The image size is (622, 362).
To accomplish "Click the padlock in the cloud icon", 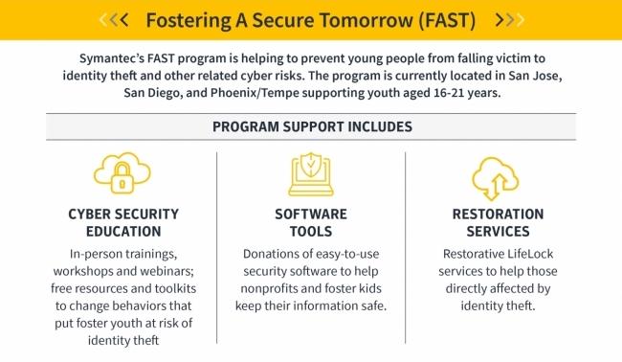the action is click(122, 178).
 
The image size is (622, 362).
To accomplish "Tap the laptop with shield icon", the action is click(311, 174).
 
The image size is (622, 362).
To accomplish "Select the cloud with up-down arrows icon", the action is click(496, 178).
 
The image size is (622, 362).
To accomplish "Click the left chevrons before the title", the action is click(114, 19).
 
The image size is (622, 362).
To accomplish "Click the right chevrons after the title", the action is click(510, 19).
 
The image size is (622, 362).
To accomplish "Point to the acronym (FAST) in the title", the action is click(447, 20).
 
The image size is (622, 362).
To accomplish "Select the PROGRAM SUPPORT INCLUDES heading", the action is click(312, 126).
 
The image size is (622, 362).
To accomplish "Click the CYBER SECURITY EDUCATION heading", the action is click(123, 223).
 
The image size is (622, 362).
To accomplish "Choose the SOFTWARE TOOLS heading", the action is click(311, 223).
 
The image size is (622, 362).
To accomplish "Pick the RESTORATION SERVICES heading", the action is click(498, 223).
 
